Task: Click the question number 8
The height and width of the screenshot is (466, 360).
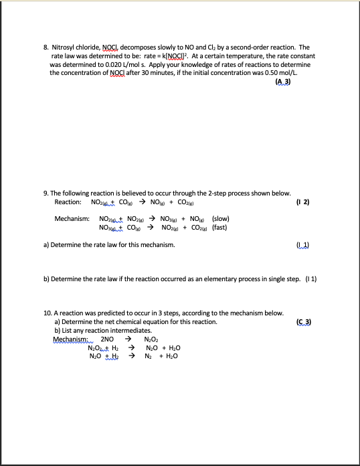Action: pyautogui.click(x=45, y=48)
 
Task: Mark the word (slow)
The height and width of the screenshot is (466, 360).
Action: pyautogui.click(x=220, y=219)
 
